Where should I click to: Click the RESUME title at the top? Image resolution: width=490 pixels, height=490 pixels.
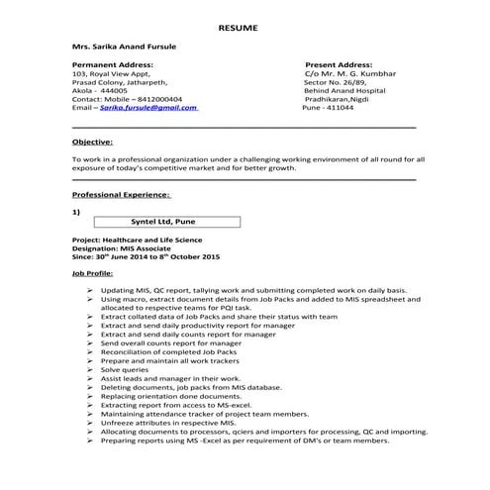tap(238, 28)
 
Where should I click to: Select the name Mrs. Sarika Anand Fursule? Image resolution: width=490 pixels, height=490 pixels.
tap(120, 48)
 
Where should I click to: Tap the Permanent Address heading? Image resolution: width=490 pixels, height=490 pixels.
tap(113, 64)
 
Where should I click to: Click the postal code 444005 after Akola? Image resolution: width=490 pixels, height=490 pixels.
tap(113, 91)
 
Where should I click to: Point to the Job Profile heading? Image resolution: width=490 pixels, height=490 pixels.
tap(93, 271)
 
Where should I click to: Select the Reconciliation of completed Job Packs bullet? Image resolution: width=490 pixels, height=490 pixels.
tap(168, 352)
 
